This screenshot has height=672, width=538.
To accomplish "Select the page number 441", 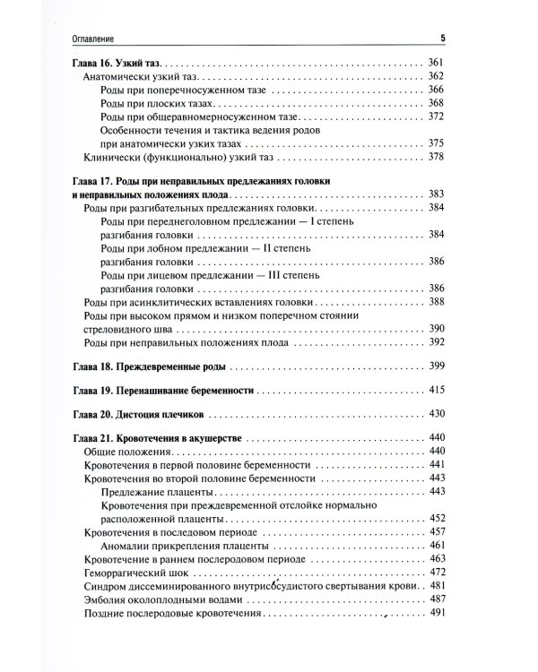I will [x=436, y=467].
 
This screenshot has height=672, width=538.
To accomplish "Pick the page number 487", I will [x=436, y=599].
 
